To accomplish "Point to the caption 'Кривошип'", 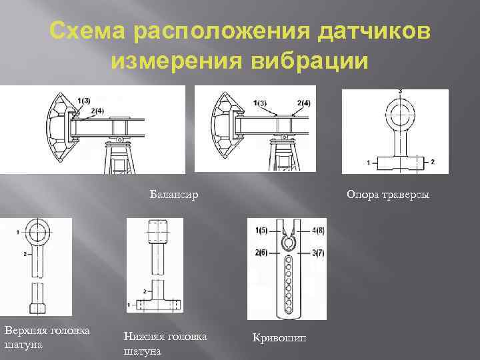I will pyautogui.click(x=279, y=338).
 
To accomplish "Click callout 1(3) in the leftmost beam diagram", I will pyautogui.click(x=83, y=101).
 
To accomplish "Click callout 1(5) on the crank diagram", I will pyautogui.click(x=261, y=230).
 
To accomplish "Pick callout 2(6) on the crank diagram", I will pyautogui.click(x=261, y=253).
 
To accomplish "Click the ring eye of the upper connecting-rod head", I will pyautogui.click(x=36, y=233).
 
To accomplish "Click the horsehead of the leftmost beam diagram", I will pyautogui.click(x=56, y=127).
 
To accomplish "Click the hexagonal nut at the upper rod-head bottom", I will pyautogui.click(x=37, y=309).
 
